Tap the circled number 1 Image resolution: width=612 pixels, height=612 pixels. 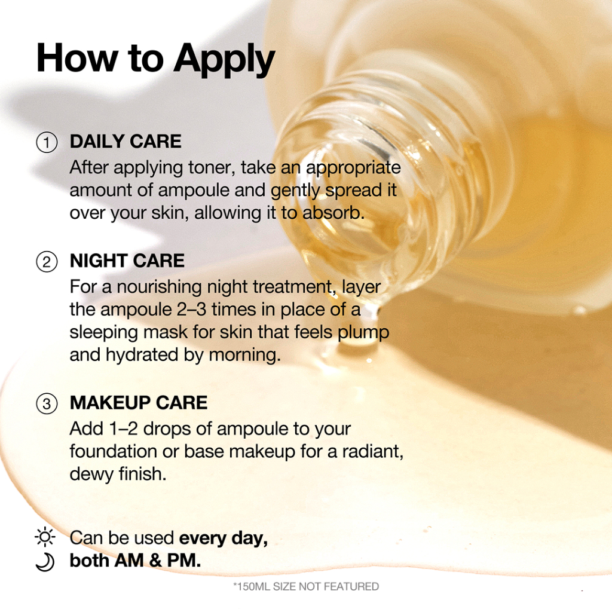click(47, 143)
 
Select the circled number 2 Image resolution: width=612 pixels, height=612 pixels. click(47, 262)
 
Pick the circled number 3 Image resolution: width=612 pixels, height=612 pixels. click(47, 403)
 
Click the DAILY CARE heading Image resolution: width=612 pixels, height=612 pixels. click(126, 141)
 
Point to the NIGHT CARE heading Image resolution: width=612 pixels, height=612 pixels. click(127, 261)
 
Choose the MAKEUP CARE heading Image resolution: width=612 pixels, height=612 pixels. click(139, 403)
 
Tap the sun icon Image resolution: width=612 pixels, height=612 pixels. click(45, 537)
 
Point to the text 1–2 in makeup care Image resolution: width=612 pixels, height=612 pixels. click(123, 429)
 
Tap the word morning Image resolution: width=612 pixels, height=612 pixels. click(244, 355)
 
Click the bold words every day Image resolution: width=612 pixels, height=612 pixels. click(224, 538)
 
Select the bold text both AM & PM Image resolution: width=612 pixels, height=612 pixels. click(135, 561)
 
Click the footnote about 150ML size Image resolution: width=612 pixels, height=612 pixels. click(306, 586)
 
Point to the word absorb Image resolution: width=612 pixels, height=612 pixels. click(333, 213)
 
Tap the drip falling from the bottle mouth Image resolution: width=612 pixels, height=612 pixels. click(357, 328)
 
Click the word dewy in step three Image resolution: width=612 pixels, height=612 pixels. click(91, 474)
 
